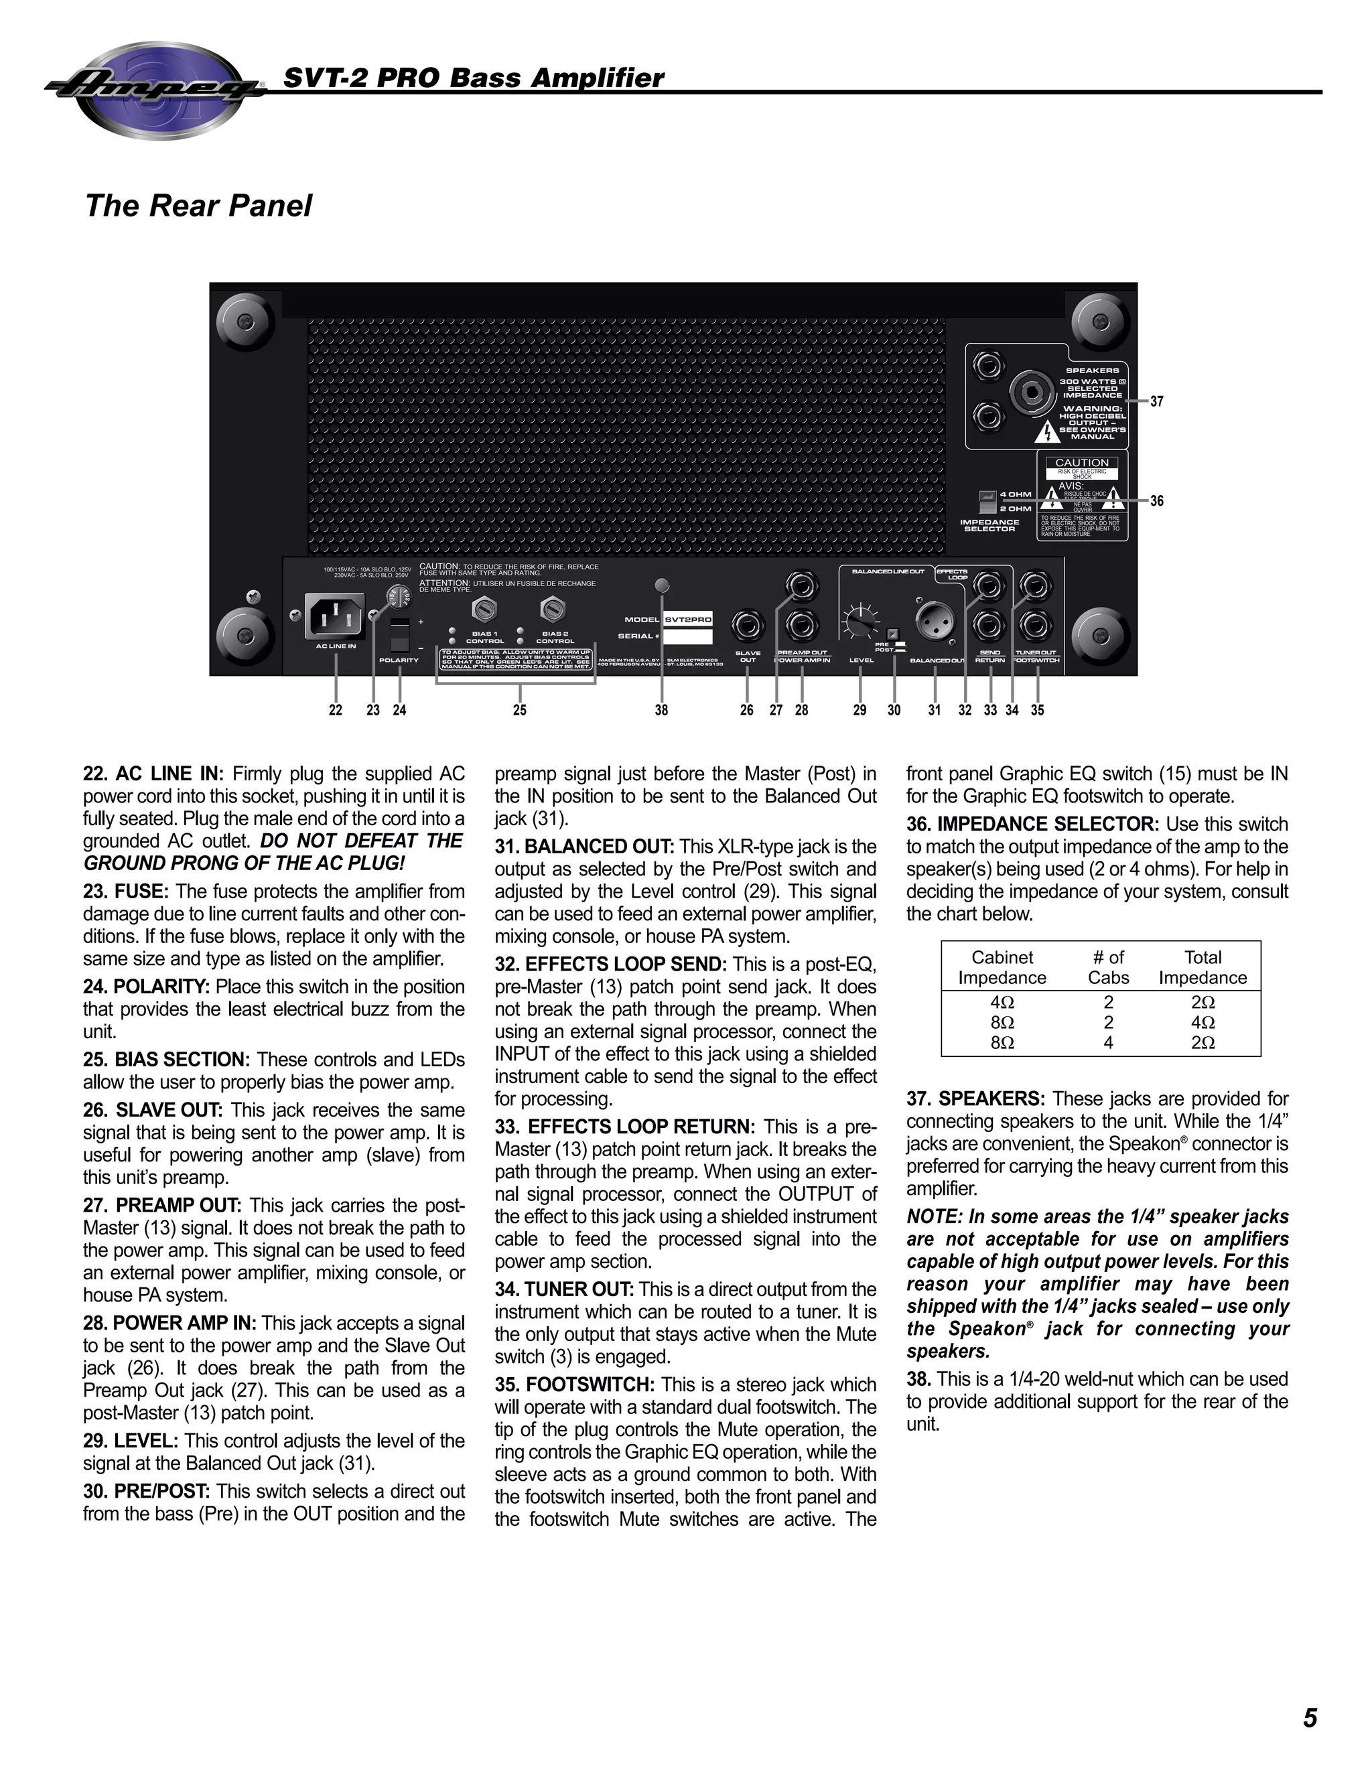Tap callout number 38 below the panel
[x=662, y=710]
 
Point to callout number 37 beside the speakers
[x=1156, y=401]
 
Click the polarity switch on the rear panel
[x=399, y=635]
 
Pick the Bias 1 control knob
[x=484, y=609]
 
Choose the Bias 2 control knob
[x=553, y=609]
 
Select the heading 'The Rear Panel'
[x=198, y=206]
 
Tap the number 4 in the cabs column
[x=1108, y=1043]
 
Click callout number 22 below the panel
[x=336, y=710]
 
